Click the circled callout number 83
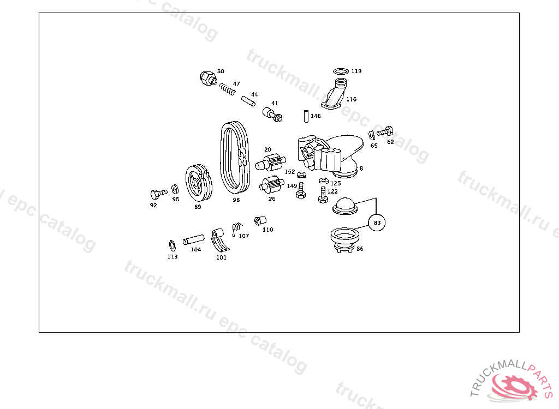(x=377, y=222)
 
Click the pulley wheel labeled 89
(x=199, y=183)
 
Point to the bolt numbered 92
(x=158, y=194)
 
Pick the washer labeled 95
(x=175, y=189)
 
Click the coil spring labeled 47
(x=227, y=89)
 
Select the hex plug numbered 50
(x=208, y=78)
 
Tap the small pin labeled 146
(x=306, y=117)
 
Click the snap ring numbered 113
(x=172, y=245)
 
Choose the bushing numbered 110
(x=260, y=221)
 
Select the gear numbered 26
(x=272, y=184)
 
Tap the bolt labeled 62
(x=385, y=132)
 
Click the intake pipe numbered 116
(x=336, y=93)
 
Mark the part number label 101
(x=221, y=257)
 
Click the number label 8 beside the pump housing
(x=361, y=169)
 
